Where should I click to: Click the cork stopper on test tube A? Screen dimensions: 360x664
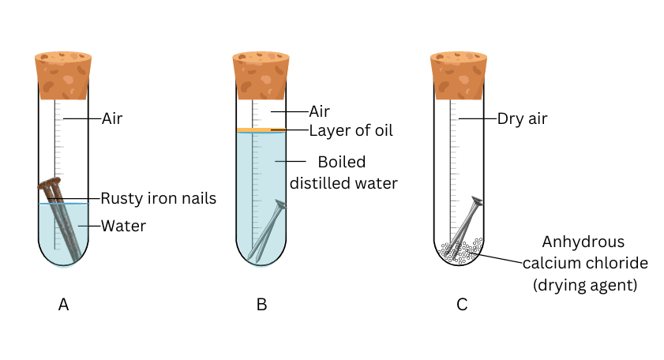63,75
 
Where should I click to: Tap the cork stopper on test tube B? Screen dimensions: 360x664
261,75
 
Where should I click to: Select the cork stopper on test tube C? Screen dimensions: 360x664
458,75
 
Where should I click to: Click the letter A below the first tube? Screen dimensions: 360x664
64,305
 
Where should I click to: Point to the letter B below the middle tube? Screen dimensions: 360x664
261,305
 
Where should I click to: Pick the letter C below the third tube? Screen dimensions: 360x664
462,305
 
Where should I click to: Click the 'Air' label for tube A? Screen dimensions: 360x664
112,119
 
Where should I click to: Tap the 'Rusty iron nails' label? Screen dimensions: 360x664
158,198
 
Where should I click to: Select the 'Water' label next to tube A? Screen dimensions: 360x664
124,227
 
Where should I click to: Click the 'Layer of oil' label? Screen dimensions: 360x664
351,130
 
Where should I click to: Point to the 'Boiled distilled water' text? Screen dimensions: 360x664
343,173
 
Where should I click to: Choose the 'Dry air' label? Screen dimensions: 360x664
522,119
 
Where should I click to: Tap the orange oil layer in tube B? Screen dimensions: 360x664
261,129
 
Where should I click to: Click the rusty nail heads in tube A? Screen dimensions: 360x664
50,186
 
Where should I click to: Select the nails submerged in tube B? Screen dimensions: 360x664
266,233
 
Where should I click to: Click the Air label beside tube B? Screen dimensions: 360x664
319,112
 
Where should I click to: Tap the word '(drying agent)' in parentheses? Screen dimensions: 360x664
583,282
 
